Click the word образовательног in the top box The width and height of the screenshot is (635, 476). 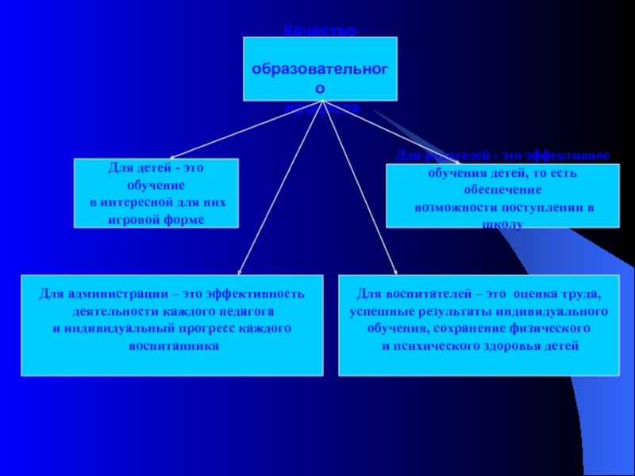[321, 69]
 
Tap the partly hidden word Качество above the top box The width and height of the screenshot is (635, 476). [321, 31]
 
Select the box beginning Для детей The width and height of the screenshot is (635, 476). [156, 194]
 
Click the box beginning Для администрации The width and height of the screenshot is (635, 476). [171, 324]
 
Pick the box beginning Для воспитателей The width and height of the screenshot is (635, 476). [479, 324]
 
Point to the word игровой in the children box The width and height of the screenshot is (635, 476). [135, 219]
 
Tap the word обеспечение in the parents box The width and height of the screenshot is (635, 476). [502, 191]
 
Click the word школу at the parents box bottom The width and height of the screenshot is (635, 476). [502, 225]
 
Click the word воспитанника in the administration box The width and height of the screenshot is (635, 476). [171, 346]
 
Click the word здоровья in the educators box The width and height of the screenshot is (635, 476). [525, 346]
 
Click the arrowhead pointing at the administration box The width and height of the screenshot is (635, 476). [241, 271]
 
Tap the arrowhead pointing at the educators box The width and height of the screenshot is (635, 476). [394, 271]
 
